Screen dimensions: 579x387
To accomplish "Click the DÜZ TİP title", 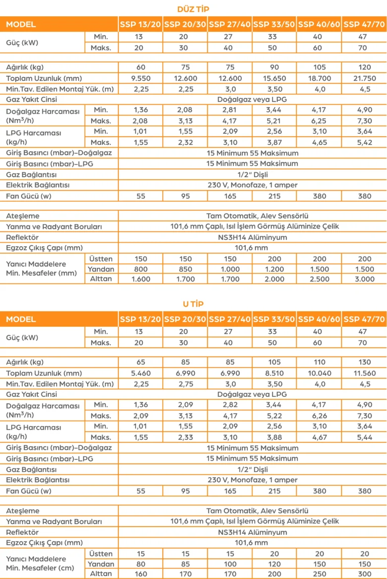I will click(x=193, y=9).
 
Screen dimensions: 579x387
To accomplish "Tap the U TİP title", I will click(x=193, y=304).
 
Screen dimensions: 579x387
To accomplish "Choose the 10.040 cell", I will click(x=319, y=373).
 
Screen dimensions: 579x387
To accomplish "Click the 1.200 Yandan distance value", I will click(x=274, y=269).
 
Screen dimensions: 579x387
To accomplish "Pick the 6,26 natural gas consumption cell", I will click(x=319, y=416).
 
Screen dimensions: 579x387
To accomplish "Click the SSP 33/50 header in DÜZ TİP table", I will click(x=274, y=24).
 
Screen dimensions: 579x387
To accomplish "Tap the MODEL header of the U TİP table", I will click(x=21, y=319).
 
